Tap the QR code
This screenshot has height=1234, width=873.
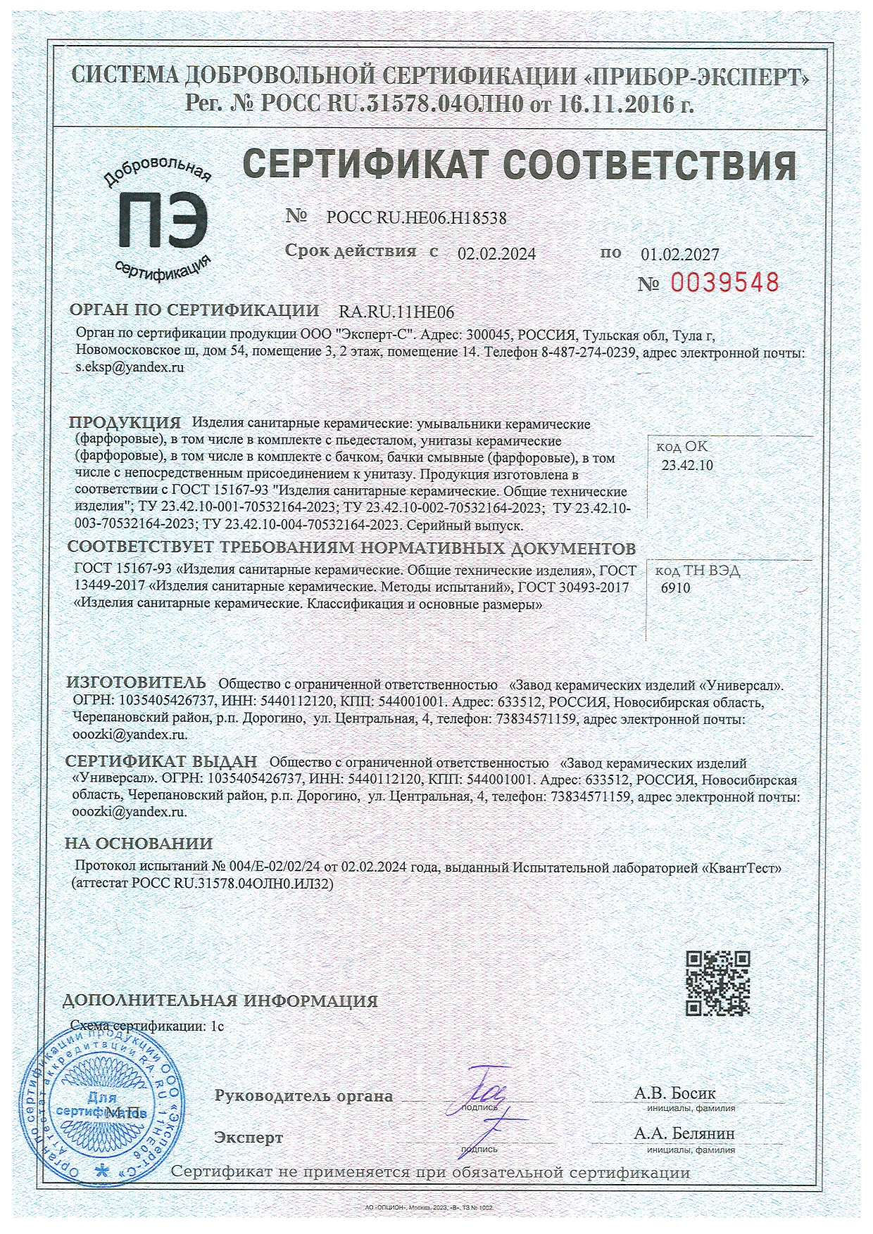click(717, 983)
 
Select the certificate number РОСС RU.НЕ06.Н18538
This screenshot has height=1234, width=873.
click(416, 218)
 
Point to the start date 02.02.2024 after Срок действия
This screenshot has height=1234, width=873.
click(496, 254)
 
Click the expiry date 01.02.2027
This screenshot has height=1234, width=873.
click(680, 254)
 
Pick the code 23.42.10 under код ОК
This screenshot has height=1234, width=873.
click(688, 465)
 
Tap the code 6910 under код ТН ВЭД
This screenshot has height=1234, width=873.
click(676, 588)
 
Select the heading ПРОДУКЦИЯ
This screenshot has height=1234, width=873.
click(125, 423)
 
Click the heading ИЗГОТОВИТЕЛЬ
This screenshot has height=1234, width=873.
click(136, 682)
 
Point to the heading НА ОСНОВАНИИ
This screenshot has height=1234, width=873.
click(139, 844)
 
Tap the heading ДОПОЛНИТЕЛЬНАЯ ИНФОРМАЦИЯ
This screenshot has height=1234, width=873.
click(220, 1000)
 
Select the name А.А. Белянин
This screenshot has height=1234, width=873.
click(684, 1133)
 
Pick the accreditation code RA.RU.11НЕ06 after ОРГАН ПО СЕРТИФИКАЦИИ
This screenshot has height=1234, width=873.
click(396, 312)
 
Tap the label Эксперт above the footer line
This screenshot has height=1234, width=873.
click(249, 1138)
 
